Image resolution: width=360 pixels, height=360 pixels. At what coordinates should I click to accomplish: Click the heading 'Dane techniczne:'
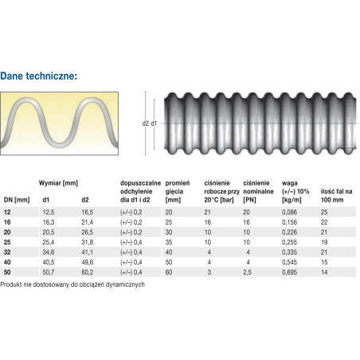click(39, 76)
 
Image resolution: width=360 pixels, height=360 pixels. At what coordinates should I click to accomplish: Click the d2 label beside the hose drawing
click(145, 123)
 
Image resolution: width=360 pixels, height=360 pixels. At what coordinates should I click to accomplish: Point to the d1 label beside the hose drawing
click(154, 123)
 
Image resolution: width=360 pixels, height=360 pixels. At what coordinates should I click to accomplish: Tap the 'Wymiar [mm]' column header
click(58, 183)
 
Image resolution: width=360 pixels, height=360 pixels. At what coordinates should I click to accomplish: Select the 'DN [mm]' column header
click(17, 200)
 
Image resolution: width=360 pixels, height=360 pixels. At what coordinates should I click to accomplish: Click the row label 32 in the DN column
click(7, 252)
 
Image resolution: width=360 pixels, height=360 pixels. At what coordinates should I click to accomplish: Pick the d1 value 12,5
click(49, 212)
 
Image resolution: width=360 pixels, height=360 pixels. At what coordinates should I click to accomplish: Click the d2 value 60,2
click(88, 272)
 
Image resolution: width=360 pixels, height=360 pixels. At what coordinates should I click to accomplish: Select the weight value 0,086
click(290, 212)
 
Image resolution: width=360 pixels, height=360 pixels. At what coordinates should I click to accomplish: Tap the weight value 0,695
click(290, 272)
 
